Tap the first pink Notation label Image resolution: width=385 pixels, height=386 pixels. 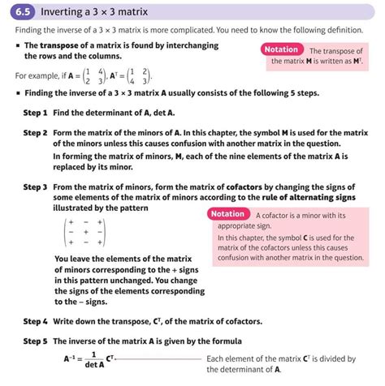tap(282, 50)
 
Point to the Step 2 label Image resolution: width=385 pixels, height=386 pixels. tap(35, 132)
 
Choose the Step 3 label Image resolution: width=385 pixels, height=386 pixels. tap(35, 187)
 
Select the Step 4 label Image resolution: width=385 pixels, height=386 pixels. tap(35, 321)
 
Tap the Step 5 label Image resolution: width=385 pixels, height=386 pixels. tap(35, 341)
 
